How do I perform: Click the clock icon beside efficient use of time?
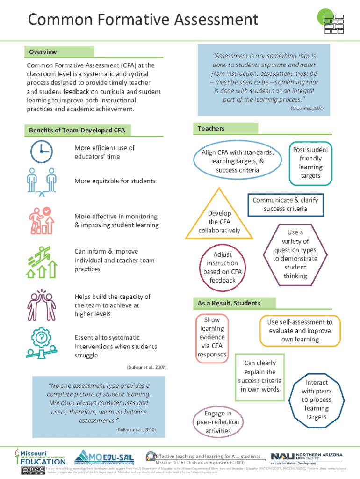click(41, 151)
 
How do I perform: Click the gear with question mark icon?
click(42, 343)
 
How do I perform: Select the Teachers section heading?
click(211, 128)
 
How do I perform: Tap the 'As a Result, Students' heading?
click(229, 303)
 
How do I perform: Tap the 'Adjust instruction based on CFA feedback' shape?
click(223, 267)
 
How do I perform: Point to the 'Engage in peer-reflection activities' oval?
click(218, 421)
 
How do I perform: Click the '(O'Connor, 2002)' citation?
click(307, 109)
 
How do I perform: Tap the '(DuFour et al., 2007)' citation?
click(146, 367)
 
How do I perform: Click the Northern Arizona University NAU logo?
click(306, 457)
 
